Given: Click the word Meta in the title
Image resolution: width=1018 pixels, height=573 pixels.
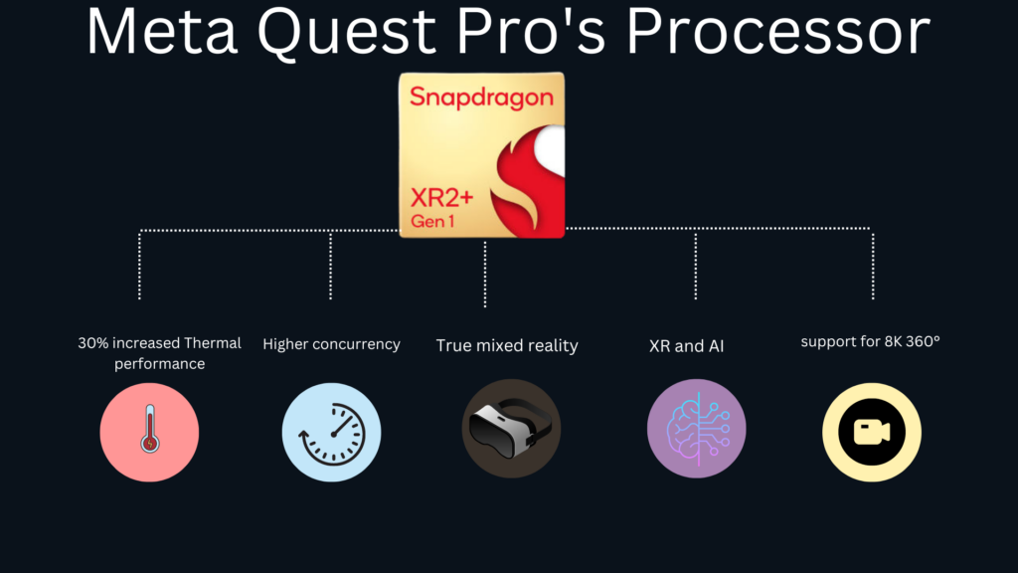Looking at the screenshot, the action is coord(162,31).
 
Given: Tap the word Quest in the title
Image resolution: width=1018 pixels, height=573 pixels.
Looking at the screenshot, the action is coord(347,33).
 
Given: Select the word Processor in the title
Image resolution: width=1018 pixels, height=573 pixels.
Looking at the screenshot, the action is coord(778,31).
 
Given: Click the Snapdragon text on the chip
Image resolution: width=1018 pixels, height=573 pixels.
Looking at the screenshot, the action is coord(481,97).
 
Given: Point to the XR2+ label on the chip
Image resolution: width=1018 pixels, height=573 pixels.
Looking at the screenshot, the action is coord(441,198).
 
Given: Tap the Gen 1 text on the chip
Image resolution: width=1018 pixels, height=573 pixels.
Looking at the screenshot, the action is coord(431,222).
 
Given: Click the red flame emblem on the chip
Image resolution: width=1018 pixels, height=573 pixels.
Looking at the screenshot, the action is coord(527,181).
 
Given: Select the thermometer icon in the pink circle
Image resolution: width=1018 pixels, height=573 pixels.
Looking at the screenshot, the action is coord(150,429).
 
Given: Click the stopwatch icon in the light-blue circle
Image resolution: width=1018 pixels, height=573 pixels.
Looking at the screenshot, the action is coord(332,434).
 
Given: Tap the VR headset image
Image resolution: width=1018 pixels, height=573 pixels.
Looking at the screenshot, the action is coord(510,428).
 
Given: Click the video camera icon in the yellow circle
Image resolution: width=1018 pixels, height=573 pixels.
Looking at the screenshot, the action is coord(871,432).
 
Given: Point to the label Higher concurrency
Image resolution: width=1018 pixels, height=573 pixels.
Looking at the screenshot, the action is coord(331,344).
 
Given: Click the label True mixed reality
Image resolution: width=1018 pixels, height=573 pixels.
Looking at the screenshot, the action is coord(507,345).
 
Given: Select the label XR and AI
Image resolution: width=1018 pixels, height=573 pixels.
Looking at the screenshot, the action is coord(686,346).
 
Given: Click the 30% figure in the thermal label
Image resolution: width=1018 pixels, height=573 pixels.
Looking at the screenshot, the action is coord(92,343).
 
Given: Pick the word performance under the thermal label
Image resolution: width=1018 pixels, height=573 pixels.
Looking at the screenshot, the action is coord(160,364).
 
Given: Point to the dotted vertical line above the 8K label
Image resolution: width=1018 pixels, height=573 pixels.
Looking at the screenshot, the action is coord(873,264).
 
